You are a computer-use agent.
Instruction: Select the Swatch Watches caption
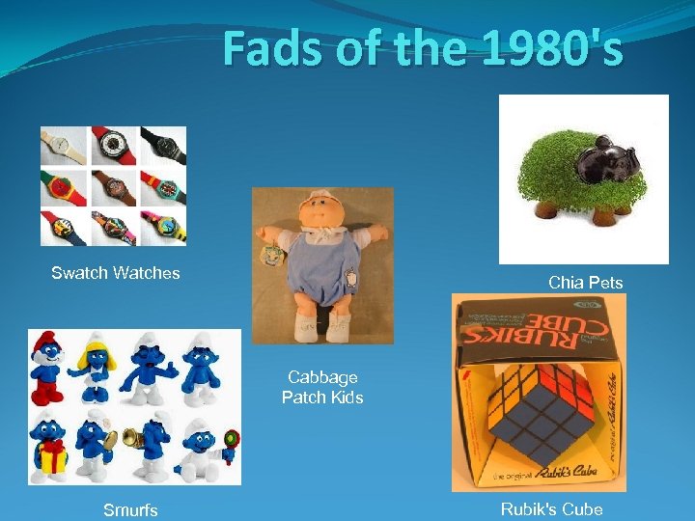(116, 273)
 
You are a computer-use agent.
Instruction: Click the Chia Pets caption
(585, 283)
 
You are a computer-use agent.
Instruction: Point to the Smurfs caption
(130, 509)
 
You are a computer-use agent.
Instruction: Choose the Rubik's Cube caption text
(551, 509)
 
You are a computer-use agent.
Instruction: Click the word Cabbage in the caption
(322, 377)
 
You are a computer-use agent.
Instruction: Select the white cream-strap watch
(64, 146)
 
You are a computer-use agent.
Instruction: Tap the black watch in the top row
(162, 146)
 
